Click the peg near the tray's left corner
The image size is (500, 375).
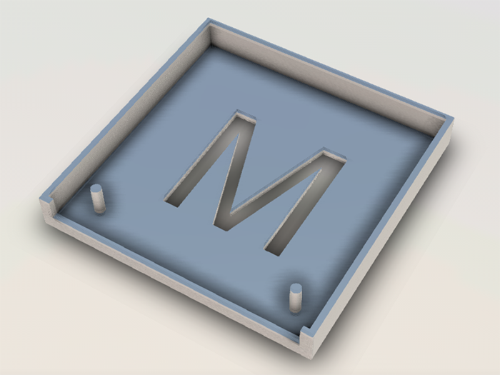click(99, 199)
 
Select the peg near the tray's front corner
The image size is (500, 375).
click(295, 297)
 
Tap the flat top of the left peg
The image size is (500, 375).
click(97, 189)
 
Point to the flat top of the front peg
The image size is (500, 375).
click(295, 288)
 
